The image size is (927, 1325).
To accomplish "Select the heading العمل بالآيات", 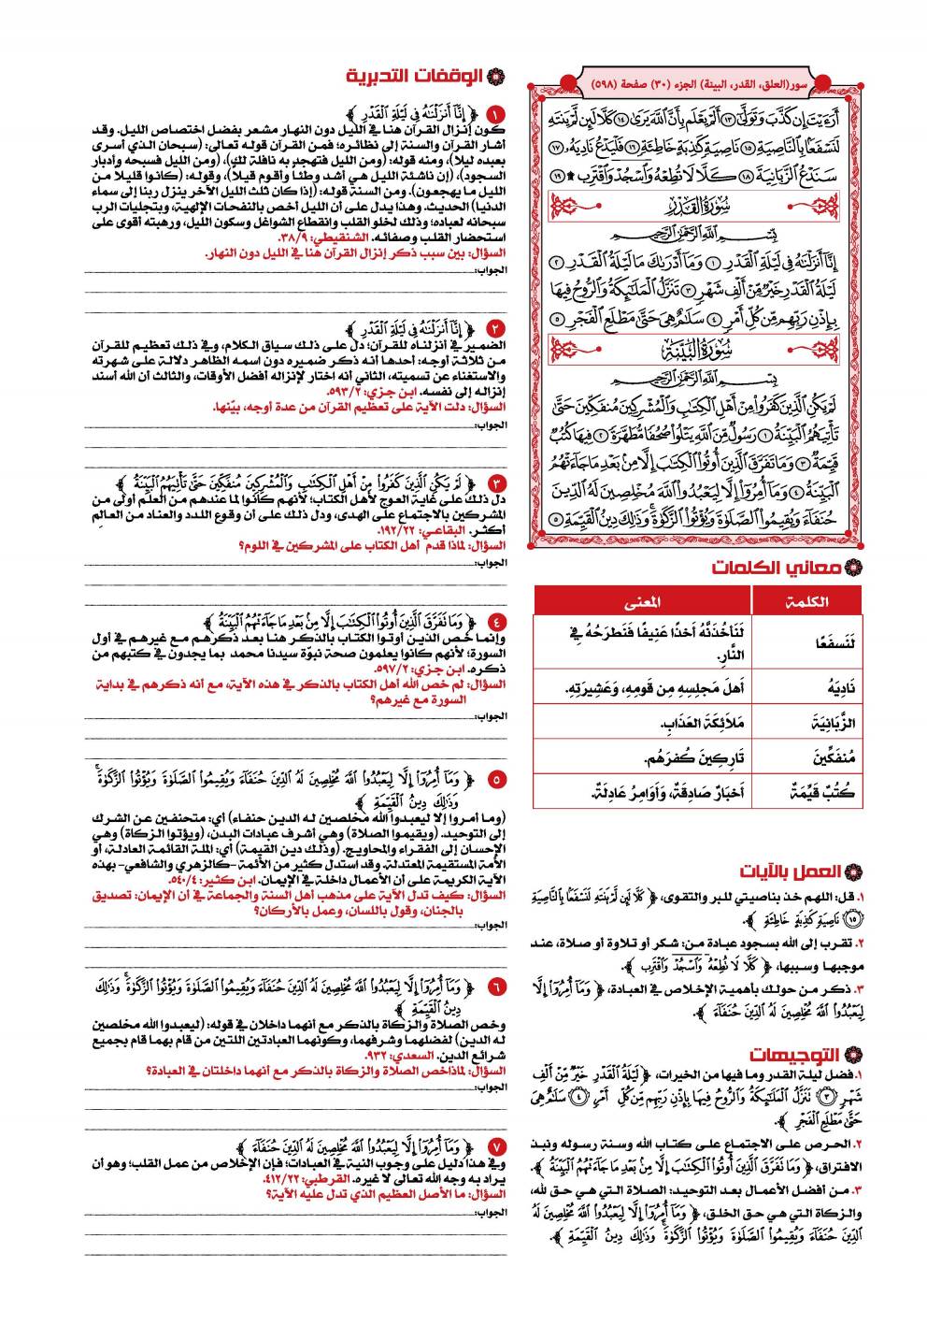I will [794, 872].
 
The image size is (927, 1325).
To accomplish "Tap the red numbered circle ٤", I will [495, 621].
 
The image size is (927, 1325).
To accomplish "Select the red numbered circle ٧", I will [495, 1145].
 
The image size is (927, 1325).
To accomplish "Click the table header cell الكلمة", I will [806, 601].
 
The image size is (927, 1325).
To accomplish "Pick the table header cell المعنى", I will [642, 601].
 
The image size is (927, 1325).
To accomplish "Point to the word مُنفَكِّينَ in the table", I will [808, 757].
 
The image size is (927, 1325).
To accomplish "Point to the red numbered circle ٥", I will [495, 778].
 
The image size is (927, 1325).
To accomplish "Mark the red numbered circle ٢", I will [495, 327].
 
